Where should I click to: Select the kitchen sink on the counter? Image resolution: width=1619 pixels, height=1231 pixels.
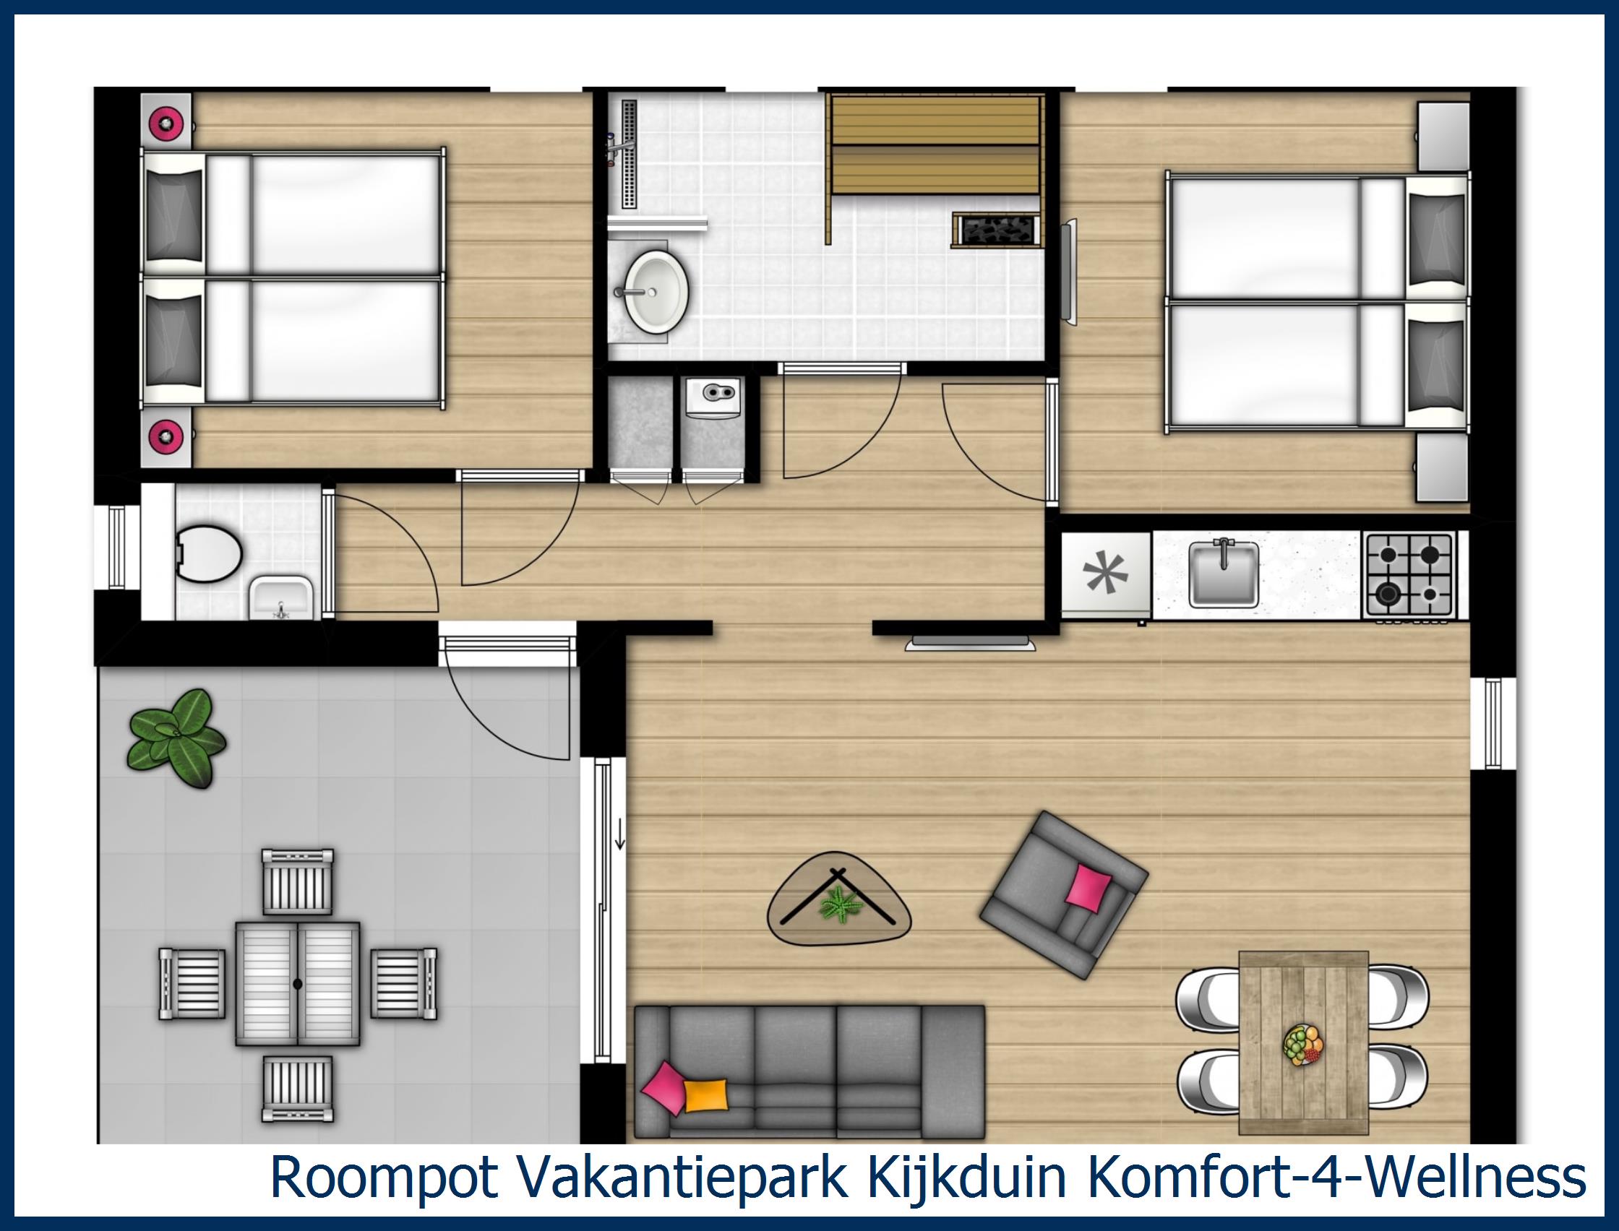(1223, 573)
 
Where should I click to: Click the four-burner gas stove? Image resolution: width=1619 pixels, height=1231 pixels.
(1407, 574)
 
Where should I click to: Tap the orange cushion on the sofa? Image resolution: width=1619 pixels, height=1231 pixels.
(707, 1115)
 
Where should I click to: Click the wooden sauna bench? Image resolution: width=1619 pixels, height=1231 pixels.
(935, 144)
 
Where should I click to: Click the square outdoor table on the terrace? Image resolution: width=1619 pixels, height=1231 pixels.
(297, 983)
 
